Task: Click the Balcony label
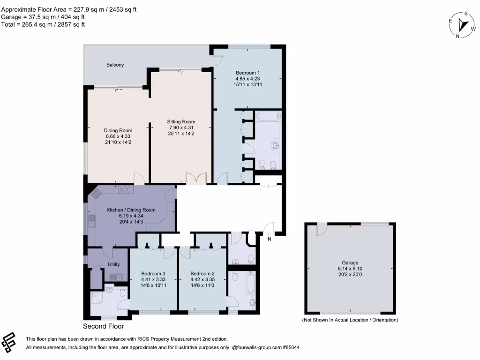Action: (114, 65)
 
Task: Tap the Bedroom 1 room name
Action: (247, 73)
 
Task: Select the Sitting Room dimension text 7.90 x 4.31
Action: (181, 127)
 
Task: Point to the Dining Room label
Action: (118, 130)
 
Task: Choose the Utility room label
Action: (114, 264)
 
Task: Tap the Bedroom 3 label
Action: (153, 273)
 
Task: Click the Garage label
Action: (350, 263)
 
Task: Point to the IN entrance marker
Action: (269, 240)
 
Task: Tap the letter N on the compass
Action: (457, 36)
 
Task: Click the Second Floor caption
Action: (104, 326)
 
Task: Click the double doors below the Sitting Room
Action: (196, 179)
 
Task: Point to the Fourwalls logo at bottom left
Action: (10, 342)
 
